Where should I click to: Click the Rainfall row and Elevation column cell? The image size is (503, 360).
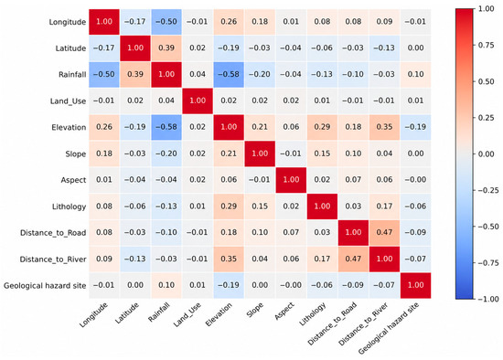click(229, 74)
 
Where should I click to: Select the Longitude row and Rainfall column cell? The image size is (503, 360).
click(166, 22)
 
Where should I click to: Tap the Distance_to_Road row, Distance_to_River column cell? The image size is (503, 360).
click(384, 232)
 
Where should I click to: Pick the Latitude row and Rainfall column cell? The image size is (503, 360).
click(166, 48)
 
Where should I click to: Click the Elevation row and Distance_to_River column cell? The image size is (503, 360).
click(384, 127)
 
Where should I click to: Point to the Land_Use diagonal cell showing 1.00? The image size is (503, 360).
click(198, 101)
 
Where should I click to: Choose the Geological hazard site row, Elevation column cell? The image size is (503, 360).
click(229, 285)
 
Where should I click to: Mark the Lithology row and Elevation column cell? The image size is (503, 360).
click(229, 206)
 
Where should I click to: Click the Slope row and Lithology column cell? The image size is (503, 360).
click(322, 154)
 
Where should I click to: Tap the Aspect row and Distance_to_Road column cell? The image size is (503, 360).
click(353, 180)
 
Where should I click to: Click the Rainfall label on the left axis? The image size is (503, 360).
click(72, 75)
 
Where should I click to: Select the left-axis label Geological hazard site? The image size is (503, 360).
click(45, 286)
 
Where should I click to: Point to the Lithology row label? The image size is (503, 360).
click(69, 206)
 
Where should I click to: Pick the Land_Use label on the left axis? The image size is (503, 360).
click(68, 101)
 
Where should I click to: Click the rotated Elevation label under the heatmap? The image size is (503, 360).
click(219, 314)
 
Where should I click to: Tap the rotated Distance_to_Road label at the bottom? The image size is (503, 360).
click(332, 323)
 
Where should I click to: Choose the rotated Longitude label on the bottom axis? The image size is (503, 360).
click(93, 315)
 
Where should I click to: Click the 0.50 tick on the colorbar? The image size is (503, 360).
click(486, 81)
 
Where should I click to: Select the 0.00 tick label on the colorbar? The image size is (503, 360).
click(486, 154)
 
